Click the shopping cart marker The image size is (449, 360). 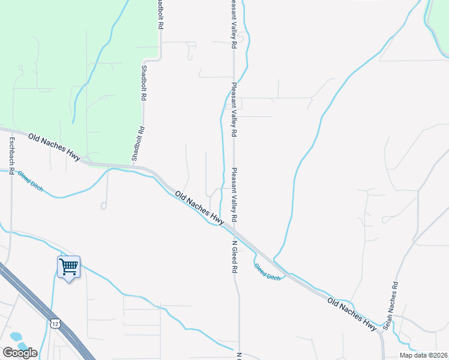click(x=68, y=266)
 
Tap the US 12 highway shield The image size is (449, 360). click(x=55, y=324)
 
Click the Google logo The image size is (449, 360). click(x=20, y=352)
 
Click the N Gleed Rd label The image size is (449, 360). click(x=235, y=258)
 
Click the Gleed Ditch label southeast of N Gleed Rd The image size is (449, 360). click(x=267, y=273)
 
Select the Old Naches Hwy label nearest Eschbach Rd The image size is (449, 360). click(x=55, y=147)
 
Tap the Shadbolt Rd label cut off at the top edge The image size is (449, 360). click(x=161, y=15)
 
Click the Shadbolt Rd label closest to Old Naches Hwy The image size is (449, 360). click(x=139, y=144)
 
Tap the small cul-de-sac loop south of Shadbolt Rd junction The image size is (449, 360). click(x=104, y=206)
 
